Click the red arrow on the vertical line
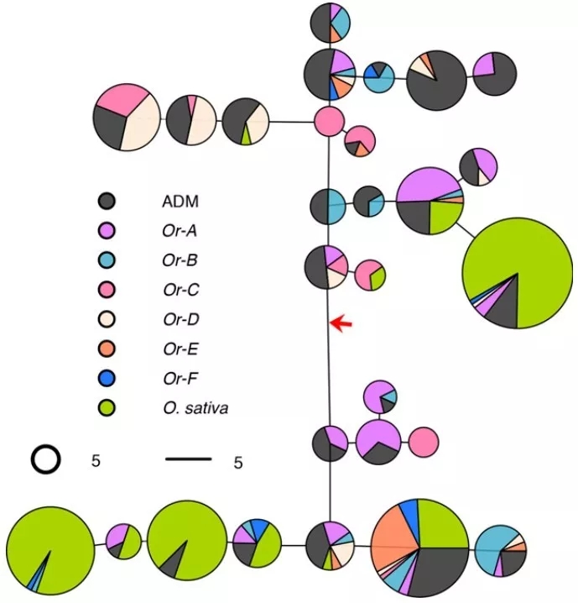(x=341, y=323)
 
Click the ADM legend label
(x=180, y=201)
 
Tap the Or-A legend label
(x=180, y=231)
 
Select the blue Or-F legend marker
(x=107, y=379)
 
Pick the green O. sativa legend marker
(x=107, y=408)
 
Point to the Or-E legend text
(x=180, y=349)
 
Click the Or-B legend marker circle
(x=107, y=260)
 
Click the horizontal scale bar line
(x=189, y=459)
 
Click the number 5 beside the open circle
(x=96, y=460)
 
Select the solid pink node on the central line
(x=329, y=122)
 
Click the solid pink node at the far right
(x=424, y=442)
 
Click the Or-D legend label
(x=181, y=319)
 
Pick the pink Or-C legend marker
(x=107, y=290)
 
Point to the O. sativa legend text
(x=195, y=408)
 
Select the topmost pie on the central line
(x=330, y=23)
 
